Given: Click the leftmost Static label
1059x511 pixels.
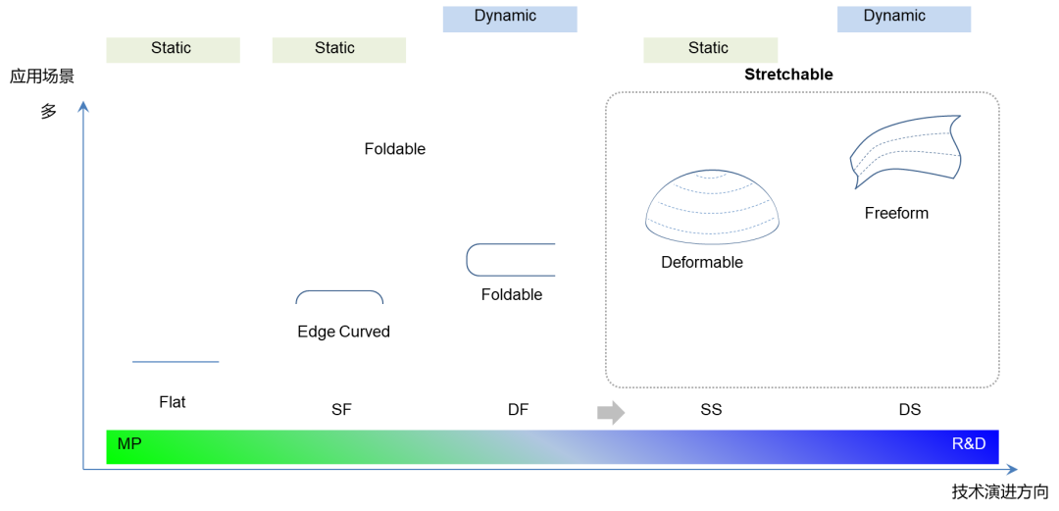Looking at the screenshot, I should point(172,49).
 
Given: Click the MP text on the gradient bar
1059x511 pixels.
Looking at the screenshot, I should point(129,444).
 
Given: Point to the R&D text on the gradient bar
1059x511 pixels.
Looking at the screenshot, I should point(968,444).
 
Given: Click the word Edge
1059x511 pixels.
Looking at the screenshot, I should point(316,332).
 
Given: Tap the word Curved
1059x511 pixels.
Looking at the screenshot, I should point(364,332).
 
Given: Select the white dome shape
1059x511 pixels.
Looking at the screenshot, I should point(712,208).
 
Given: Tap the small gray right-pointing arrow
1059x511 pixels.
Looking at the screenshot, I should point(611,413).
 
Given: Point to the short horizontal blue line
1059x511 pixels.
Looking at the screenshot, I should point(176,362).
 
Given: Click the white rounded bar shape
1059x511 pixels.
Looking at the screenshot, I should point(510,260).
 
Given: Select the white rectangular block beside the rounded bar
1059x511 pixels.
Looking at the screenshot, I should point(569,258).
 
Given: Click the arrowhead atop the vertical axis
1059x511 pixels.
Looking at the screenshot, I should point(83,105).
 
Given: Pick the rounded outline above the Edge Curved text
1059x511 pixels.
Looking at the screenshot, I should point(339,296).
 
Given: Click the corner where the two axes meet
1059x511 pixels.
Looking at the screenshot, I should point(83,470).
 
